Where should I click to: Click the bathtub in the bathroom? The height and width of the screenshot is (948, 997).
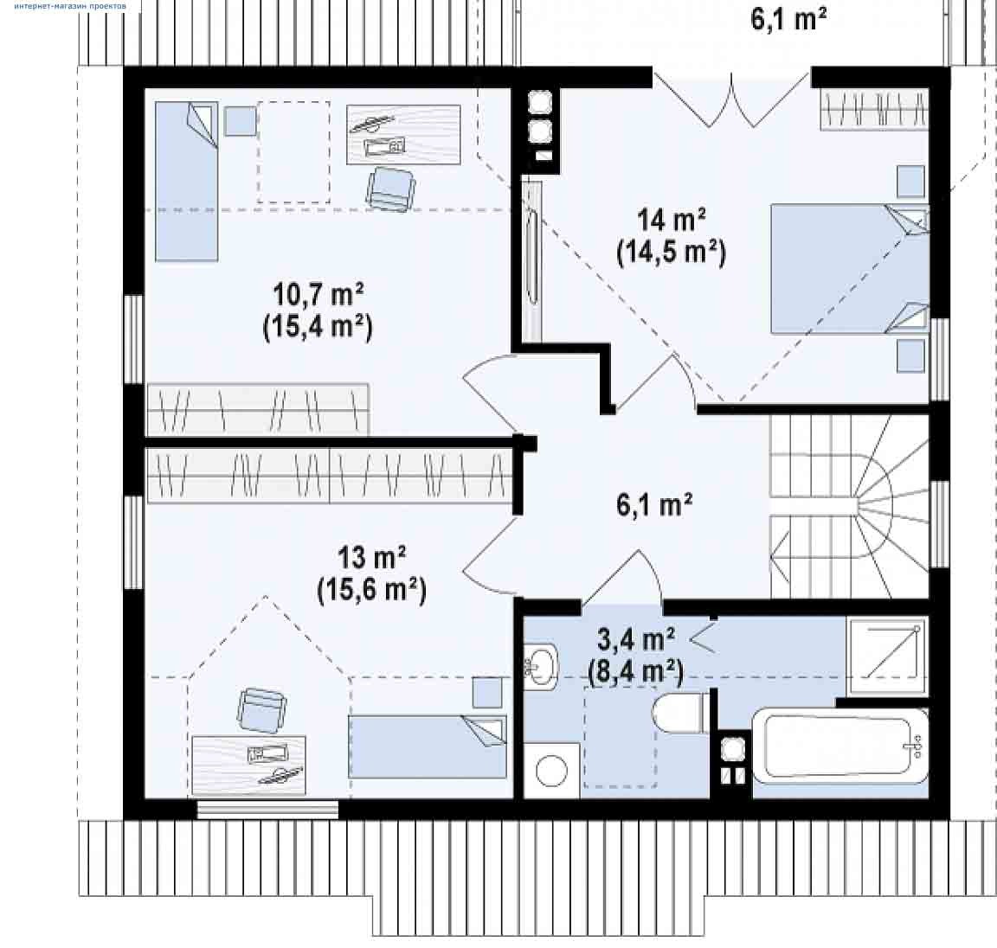pos(840,746)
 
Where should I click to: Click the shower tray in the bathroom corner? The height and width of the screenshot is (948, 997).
pos(887,656)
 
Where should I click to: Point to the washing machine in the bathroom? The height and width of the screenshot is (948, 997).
pos(551,770)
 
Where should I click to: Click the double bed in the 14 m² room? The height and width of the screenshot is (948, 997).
pos(850,269)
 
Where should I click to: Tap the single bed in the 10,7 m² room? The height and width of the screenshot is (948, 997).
pos(187,181)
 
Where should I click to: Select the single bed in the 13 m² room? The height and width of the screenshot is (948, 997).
pos(428,746)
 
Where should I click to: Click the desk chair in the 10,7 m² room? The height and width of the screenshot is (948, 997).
pos(390,188)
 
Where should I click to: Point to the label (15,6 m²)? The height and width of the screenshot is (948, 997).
pos(372,590)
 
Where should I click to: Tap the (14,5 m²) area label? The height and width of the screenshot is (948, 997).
pos(672,253)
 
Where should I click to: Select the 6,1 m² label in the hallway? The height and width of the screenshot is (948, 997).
pos(654,505)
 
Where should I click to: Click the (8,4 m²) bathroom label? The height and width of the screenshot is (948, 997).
pos(636,671)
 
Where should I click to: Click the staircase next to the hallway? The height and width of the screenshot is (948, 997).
pos(850,506)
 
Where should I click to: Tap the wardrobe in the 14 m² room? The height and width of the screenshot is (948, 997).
pos(874,109)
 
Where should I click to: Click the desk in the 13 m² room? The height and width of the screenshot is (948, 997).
pos(248,765)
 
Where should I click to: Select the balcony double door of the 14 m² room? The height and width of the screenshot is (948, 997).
pos(731,99)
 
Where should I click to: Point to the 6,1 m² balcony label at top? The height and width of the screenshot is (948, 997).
pos(788,19)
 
